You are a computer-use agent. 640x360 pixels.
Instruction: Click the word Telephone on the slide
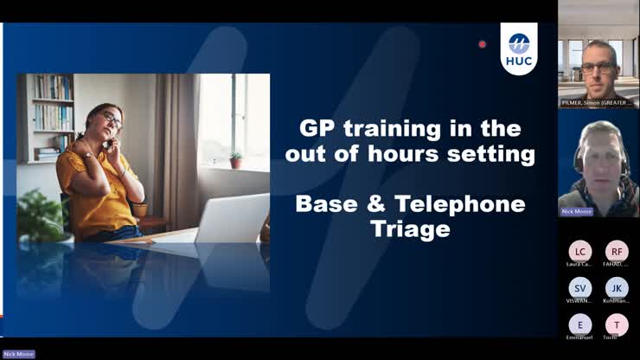point(472,204)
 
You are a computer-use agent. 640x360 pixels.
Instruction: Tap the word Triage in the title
point(411,229)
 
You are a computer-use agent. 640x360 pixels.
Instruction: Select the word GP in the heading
point(317,130)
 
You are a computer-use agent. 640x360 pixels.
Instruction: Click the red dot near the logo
point(483,44)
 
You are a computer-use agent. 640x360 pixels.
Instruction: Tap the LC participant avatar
point(580,251)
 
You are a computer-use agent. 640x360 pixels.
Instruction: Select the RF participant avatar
point(617,251)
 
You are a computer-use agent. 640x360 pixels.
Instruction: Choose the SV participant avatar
point(580,287)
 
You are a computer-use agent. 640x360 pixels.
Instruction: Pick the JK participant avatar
point(617,287)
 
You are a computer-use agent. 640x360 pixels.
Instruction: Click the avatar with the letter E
point(580,324)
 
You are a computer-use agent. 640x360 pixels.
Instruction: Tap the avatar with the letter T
point(617,324)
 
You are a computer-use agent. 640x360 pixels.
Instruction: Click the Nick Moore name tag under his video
point(577,211)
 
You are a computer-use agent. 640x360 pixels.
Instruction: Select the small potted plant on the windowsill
point(235,161)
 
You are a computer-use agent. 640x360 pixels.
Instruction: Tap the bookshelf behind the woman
point(52,112)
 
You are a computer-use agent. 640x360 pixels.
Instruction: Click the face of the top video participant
point(598,65)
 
